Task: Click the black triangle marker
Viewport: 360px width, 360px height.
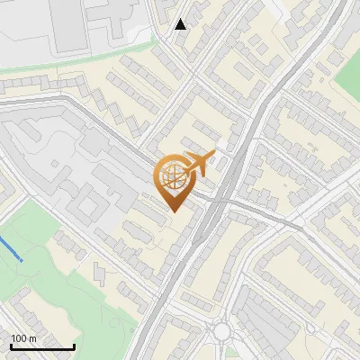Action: [x=181, y=23]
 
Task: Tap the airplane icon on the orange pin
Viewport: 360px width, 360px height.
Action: [x=199, y=165]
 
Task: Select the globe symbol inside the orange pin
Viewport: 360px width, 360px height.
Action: [x=172, y=177]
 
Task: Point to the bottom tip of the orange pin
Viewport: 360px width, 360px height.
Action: [x=172, y=211]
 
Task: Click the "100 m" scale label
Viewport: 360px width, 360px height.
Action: [x=23, y=338]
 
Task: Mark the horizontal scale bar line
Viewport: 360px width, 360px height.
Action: [x=42, y=347]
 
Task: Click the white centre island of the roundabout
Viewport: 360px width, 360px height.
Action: [x=222, y=332]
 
